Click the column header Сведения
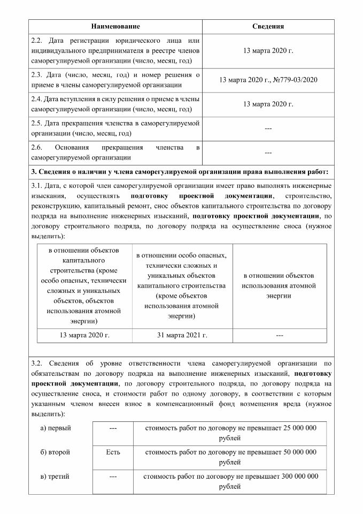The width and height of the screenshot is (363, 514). (268, 26)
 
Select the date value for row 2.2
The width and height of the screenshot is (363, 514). (268, 50)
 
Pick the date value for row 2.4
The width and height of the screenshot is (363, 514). (268, 104)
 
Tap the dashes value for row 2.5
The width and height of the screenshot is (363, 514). (268, 128)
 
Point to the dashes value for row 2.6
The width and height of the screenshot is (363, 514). (268, 153)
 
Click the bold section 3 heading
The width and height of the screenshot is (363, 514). (180, 171)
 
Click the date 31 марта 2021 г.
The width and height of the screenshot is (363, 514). (182, 335)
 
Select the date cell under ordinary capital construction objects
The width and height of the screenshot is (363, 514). (84, 335)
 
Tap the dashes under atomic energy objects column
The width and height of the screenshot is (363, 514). (279, 335)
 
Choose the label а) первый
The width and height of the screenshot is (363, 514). (56, 428)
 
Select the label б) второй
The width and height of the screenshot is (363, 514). (56, 452)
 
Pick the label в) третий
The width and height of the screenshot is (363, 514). (56, 477)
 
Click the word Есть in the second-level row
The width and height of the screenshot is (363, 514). (113, 452)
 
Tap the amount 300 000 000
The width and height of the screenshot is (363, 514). (295, 477)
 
